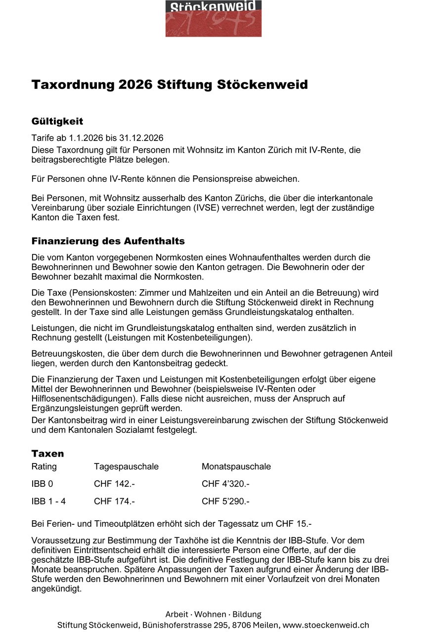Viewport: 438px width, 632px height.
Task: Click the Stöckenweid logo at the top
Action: tap(213, 18)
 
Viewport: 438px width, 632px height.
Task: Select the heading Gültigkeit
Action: tap(57, 121)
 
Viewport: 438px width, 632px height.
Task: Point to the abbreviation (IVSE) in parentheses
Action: tap(238, 208)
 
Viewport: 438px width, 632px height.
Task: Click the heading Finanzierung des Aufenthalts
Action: tap(108, 241)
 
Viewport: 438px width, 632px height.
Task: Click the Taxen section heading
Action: tap(47, 454)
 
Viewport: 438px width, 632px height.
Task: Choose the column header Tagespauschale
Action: tap(126, 466)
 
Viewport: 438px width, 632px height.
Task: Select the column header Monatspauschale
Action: tap(236, 466)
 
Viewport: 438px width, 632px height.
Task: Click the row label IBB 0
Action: tap(42, 484)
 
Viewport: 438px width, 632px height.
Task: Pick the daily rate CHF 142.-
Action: tap(114, 484)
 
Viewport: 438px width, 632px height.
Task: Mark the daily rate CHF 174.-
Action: tap(114, 501)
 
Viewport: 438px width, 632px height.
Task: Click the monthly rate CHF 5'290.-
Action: tap(225, 501)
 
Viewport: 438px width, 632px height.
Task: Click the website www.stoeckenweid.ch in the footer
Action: tap(326, 625)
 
